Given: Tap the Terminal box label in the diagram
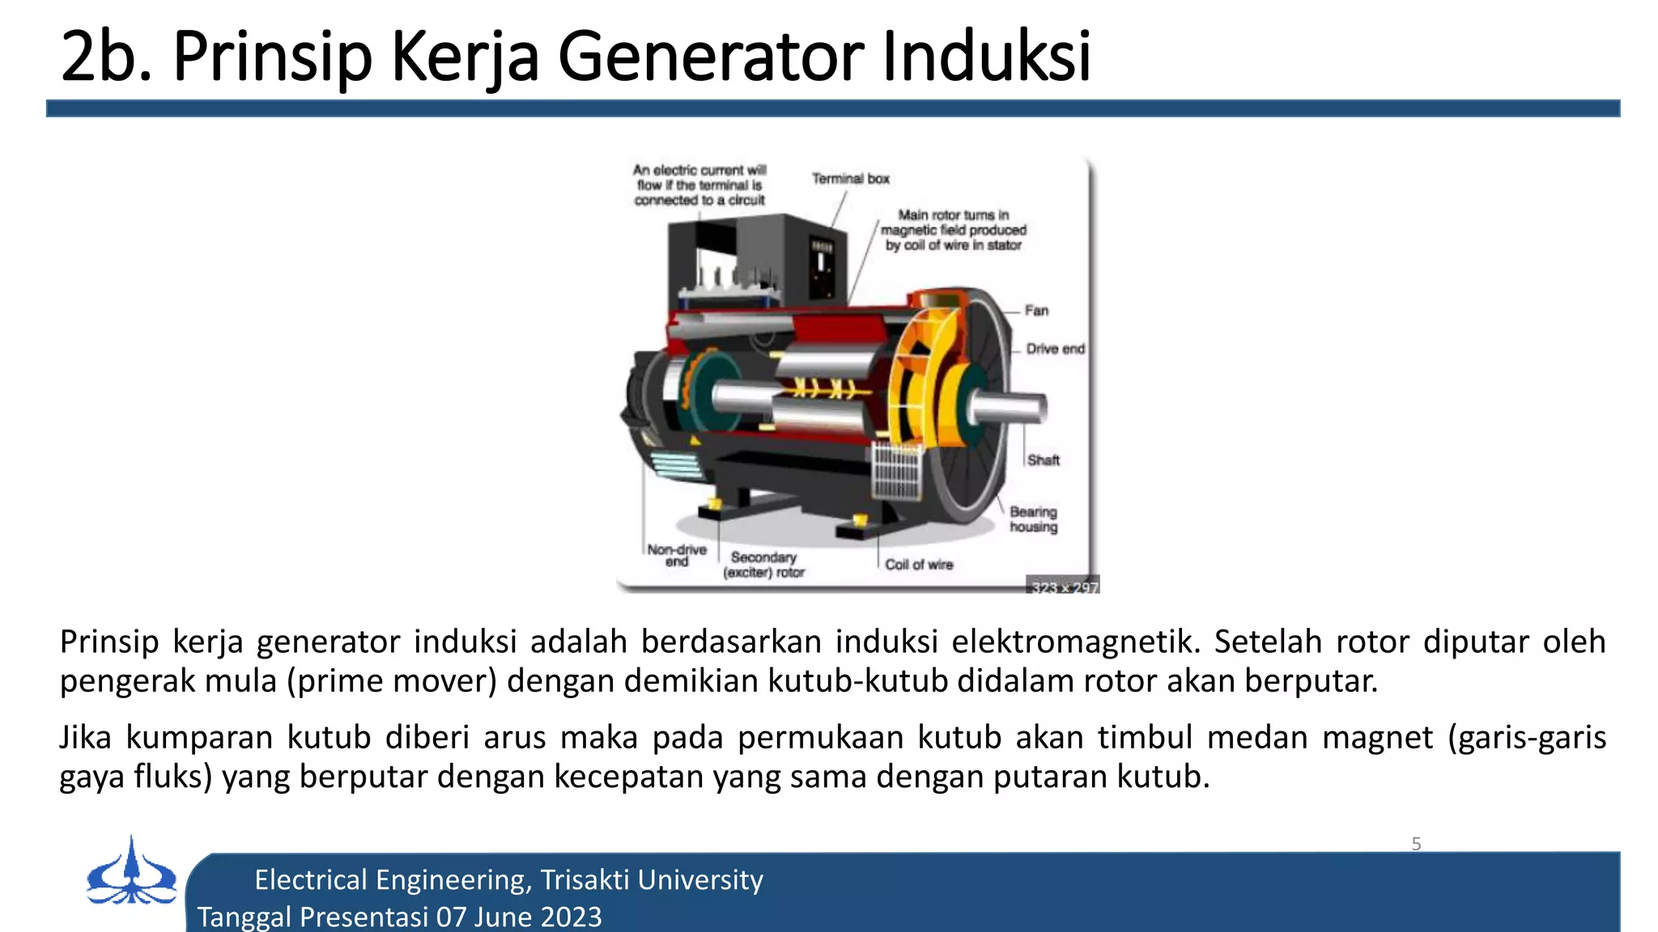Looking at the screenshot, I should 850,179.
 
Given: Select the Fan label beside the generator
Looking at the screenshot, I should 1036,311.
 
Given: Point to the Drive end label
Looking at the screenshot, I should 1055,349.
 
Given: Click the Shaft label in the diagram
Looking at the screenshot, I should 1044,460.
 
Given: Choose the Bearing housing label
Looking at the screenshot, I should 1033,519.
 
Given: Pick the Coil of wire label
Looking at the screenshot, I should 919,565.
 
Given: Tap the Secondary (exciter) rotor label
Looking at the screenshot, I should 763,565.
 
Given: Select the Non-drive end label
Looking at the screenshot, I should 677,555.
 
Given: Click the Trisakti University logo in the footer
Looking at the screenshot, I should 131,872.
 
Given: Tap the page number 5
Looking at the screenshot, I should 1416,844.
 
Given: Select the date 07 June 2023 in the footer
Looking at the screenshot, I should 519,917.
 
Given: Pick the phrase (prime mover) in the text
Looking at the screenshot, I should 392,681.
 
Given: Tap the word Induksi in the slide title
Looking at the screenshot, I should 986,57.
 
